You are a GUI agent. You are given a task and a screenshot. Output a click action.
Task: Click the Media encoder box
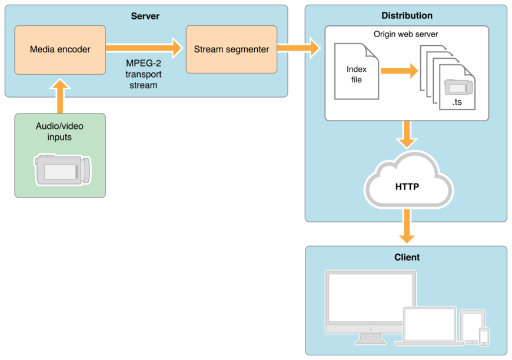click(60, 49)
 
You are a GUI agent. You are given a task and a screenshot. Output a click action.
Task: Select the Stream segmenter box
click(231, 49)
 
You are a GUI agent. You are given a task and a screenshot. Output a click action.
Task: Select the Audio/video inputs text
click(60, 131)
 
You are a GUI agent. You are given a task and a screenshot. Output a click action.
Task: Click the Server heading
click(145, 16)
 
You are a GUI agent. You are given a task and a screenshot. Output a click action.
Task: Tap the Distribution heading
click(407, 16)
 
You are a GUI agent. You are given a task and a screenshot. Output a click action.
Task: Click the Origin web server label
click(406, 34)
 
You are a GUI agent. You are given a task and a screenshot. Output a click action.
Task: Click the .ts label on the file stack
click(457, 102)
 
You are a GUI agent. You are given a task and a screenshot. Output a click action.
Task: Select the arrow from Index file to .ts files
click(399, 71)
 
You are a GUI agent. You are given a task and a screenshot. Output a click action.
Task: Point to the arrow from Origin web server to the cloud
click(407, 135)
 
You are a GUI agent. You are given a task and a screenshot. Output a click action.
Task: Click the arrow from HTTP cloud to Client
click(407, 226)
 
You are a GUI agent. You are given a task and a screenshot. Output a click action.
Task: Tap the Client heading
click(407, 257)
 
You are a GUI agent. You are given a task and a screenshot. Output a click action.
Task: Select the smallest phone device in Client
click(484, 336)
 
